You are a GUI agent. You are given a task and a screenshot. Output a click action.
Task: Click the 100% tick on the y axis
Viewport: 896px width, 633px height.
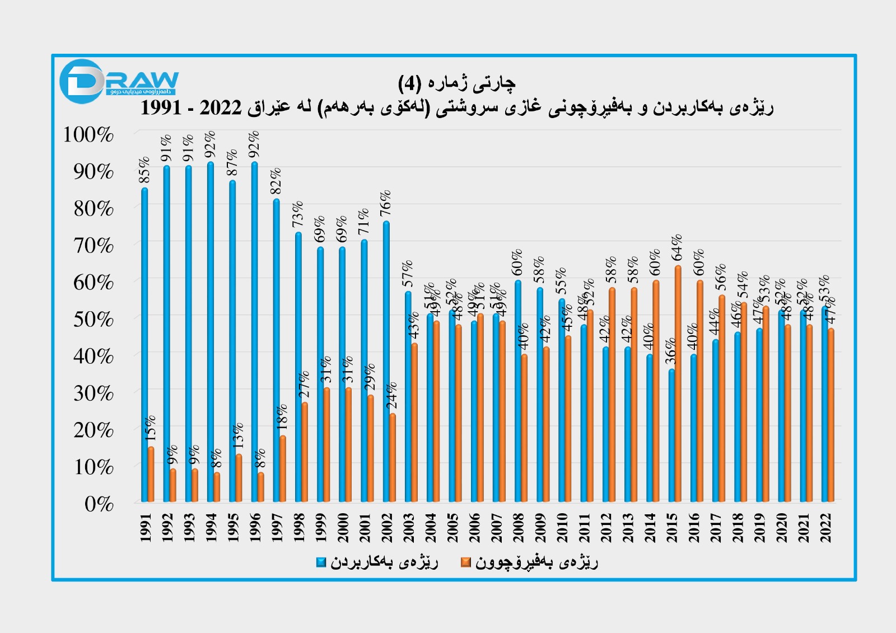pos(88,135)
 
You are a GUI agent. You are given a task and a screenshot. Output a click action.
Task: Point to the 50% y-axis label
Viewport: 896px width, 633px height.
pos(93,320)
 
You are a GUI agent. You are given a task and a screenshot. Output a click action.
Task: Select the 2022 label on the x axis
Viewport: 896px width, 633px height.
pos(826,528)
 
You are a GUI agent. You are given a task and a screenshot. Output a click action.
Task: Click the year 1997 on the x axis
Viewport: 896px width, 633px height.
pos(277,528)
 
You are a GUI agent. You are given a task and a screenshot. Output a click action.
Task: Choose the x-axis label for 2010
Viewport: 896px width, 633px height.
pos(562,528)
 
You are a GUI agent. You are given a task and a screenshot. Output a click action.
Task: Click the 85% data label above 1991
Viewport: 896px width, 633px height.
pos(144,170)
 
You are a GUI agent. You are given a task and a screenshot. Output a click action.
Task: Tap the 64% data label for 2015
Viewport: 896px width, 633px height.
pos(677,247)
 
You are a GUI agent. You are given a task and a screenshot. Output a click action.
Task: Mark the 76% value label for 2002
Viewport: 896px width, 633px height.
pos(386,203)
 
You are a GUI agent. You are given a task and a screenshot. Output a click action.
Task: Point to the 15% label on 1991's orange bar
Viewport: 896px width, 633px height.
pos(151,428)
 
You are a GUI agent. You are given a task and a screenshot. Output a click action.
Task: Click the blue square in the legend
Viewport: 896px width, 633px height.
pos(321,562)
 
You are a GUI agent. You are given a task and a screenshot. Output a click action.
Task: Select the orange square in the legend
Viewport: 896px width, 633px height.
pos(465,562)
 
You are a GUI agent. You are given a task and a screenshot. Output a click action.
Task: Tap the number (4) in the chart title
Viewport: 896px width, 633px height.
pos(409,84)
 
